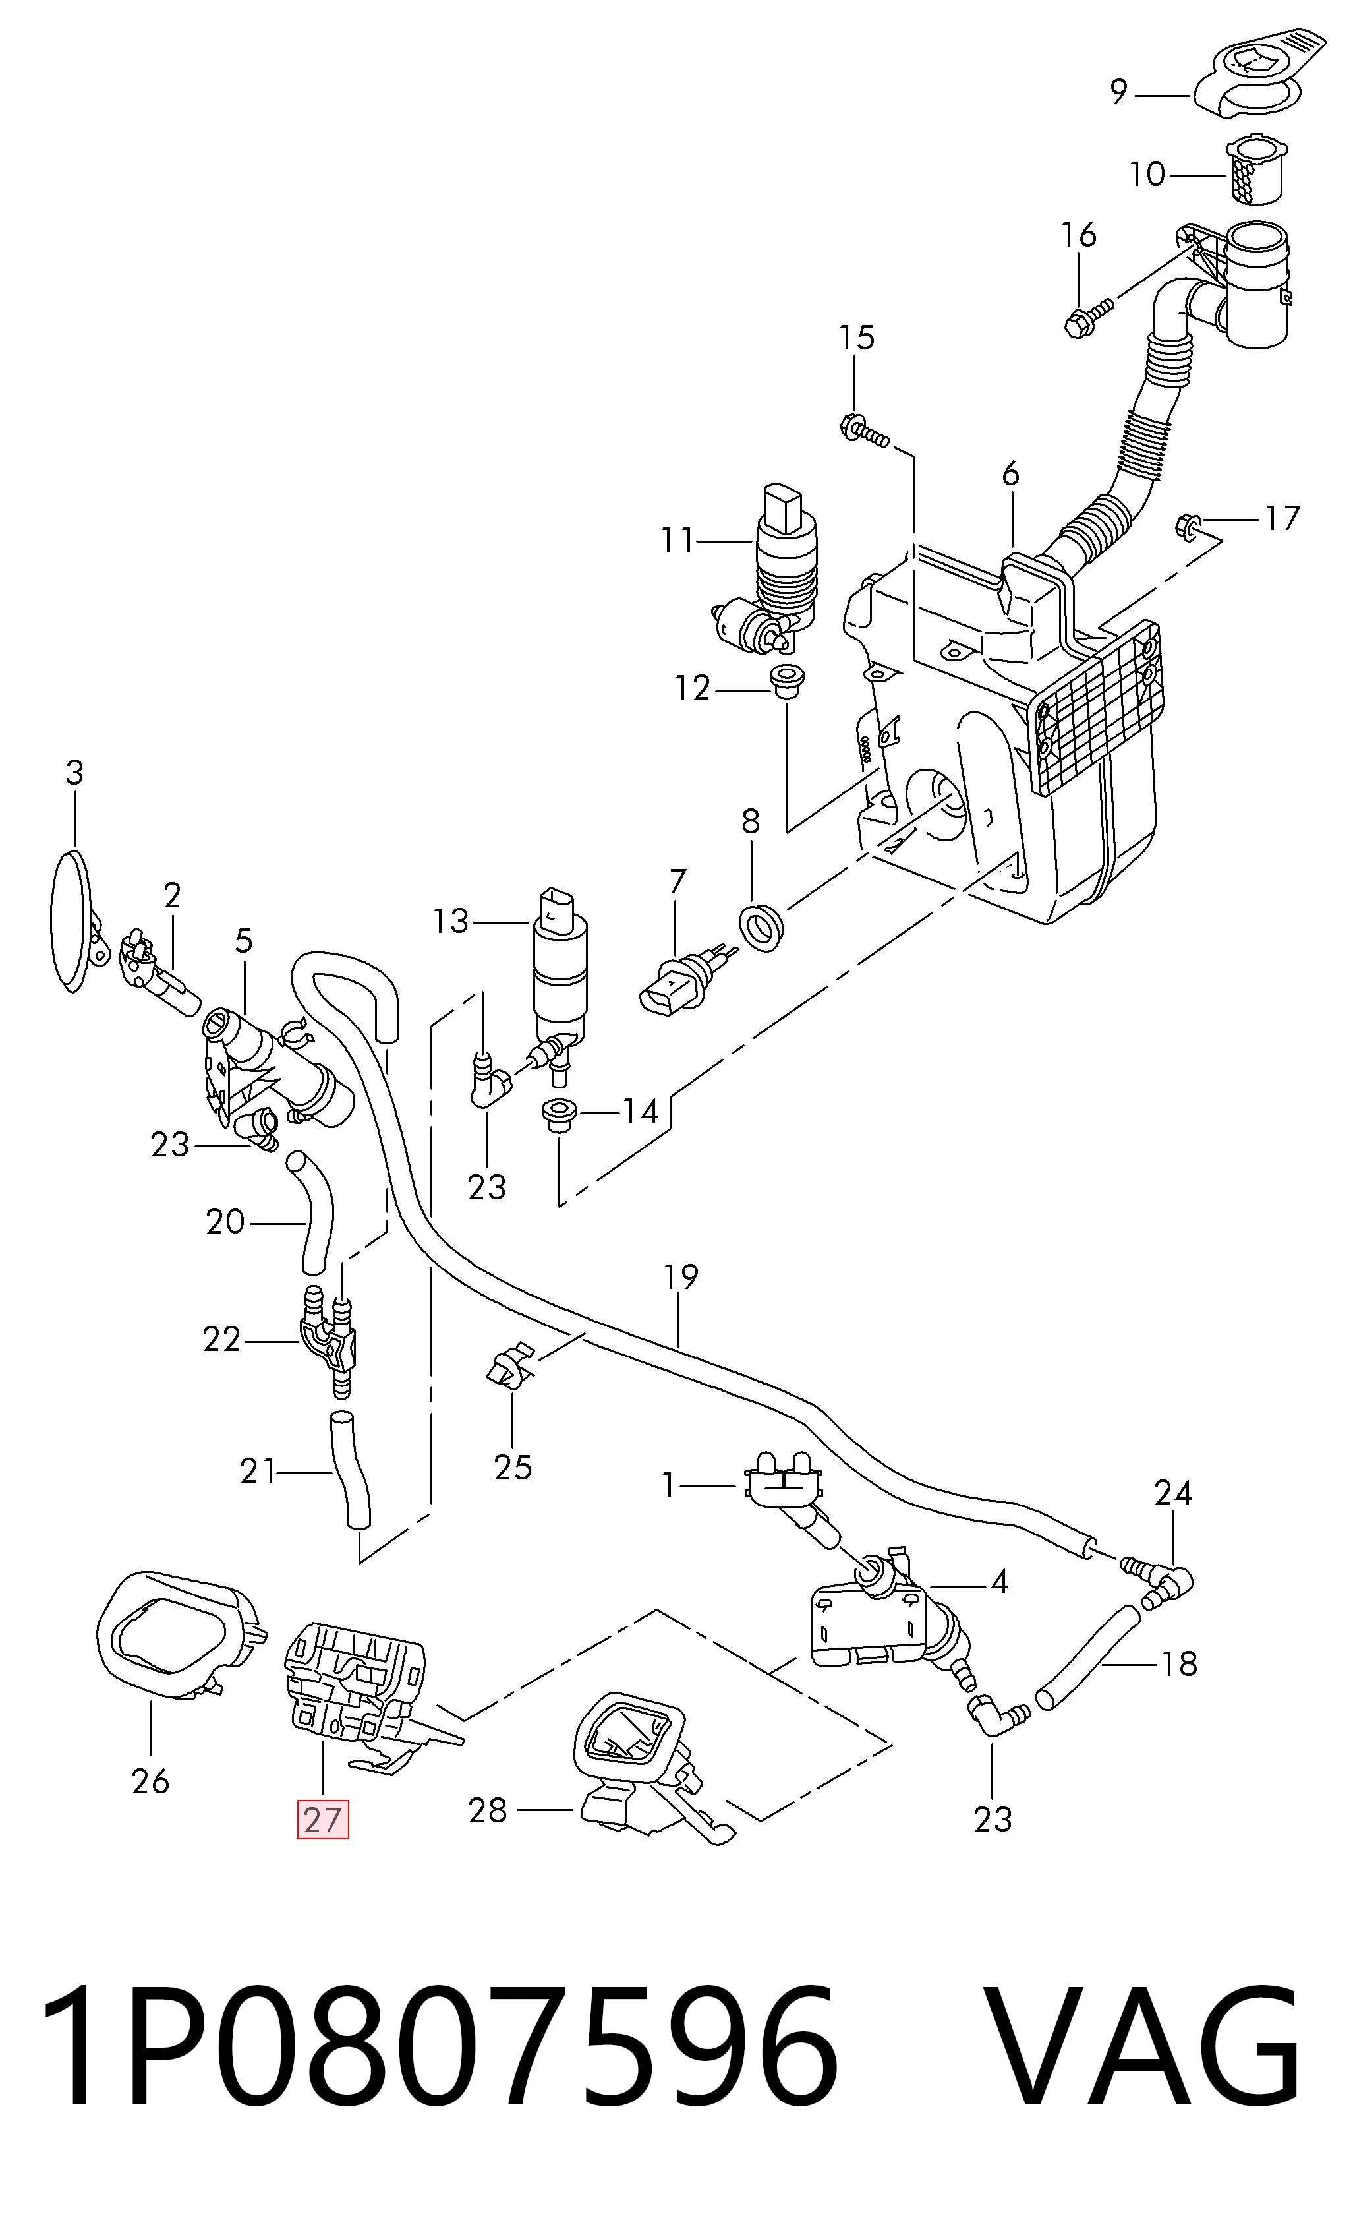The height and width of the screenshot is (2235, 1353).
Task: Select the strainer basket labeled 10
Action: click(1255, 169)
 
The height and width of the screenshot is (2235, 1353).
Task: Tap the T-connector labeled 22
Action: click(328, 1342)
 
